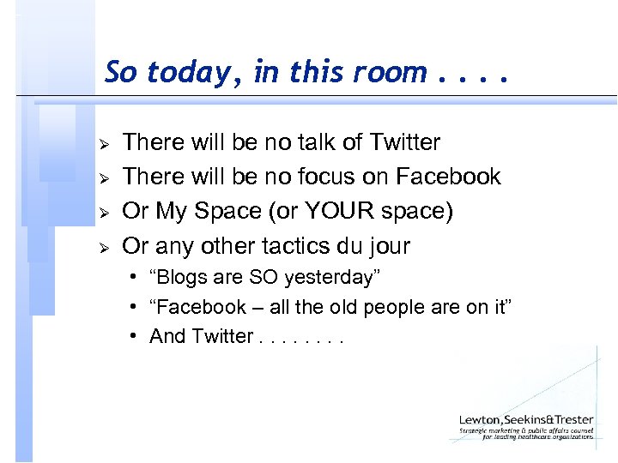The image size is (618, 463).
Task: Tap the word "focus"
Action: [x=330, y=177]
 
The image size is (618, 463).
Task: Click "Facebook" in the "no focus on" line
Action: [x=448, y=177]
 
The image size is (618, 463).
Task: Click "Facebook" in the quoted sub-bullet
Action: [x=195, y=307]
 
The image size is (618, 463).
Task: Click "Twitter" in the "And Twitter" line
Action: [x=223, y=336]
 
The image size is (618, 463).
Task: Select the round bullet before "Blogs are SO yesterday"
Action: [x=136, y=279]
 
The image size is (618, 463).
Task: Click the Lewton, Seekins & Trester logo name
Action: [x=525, y=419]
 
